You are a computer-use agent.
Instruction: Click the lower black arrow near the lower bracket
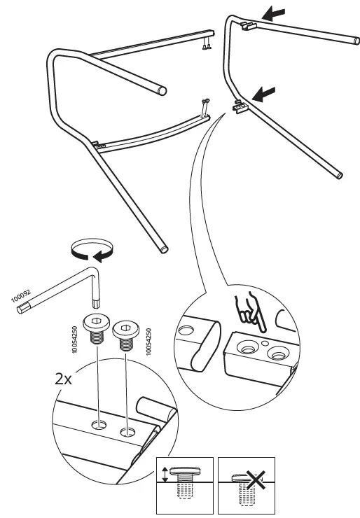[x=265, y=92]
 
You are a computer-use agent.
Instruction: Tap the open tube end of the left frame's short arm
[x=163, y=90]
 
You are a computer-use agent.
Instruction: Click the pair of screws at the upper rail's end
[x=206, y=46]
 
